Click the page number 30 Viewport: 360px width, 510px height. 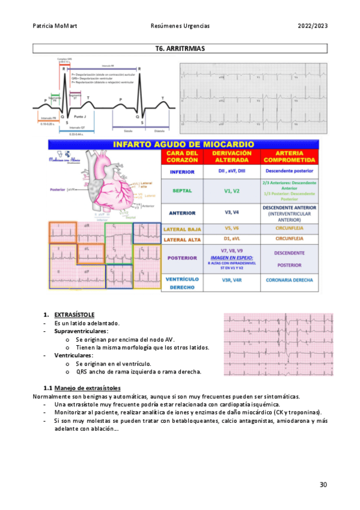[323, 485]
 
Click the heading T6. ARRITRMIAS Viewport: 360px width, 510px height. [180, 49]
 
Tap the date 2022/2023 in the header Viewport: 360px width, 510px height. [313, 26]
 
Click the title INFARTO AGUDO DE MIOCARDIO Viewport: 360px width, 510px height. [183, 144]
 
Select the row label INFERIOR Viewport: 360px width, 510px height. [182, 171]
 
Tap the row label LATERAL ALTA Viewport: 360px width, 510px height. [182, 238]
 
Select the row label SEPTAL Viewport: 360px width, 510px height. [182, 191]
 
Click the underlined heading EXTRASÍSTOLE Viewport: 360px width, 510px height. [74, 315]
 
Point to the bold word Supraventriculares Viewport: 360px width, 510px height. [81, 331]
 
